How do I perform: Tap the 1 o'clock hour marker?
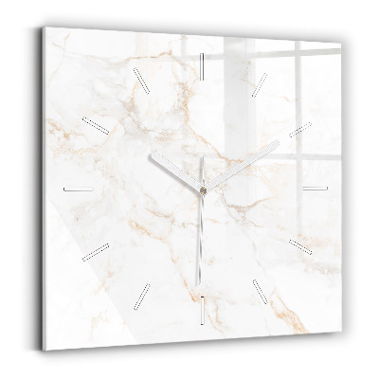click(260, 82)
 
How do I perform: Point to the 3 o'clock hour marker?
click(316, 188)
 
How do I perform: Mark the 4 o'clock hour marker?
click(300, 246)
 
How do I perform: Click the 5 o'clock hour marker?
click(260, 290)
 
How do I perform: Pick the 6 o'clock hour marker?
click(202, 306)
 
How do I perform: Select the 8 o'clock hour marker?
click(97, 250)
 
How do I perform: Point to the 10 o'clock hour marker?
click(96, 124)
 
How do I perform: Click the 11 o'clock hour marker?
click(142, 81)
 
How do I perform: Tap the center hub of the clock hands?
click(201, 189)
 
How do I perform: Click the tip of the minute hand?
click(279, 143)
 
